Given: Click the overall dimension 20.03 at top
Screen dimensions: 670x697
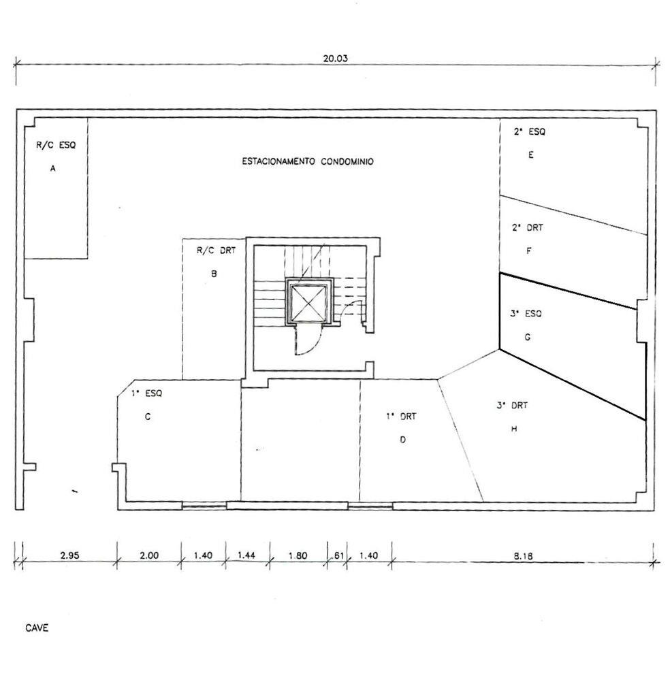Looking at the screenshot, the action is [x=335, y=59].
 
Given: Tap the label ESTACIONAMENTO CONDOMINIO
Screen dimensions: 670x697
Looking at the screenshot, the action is [x=308, y=161].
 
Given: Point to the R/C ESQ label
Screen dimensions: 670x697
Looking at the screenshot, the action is [x=56, y=144].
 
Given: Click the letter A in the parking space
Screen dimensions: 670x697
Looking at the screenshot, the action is [x=53, y=169].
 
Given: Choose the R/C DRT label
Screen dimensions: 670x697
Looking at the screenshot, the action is [x=216, y=250].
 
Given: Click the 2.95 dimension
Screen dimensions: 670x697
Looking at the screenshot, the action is [x=70, y=555].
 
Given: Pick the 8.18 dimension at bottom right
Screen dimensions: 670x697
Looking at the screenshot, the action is [x=524, y=555].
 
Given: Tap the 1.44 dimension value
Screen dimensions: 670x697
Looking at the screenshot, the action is [x=246, y=555].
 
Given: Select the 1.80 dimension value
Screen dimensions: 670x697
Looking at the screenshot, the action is [x=298, y=555].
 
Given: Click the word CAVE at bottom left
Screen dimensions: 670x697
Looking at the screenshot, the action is [x=37, y=628].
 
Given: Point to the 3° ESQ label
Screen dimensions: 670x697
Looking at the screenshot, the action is [x=526, y=313].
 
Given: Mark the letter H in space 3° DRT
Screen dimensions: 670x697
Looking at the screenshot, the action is [x=514, y=429].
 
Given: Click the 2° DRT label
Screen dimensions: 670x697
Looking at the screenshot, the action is [x=528, y=227].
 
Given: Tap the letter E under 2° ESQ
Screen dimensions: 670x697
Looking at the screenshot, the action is [x=531, y=155].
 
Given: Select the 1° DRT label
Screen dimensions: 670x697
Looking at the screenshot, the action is [x=401, y=417].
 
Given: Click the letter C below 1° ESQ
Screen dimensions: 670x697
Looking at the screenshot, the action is [x=148, y=417].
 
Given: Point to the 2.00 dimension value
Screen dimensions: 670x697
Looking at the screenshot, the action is [x=149, y=555].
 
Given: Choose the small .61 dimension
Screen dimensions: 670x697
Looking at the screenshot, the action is [x=338, y=555].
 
